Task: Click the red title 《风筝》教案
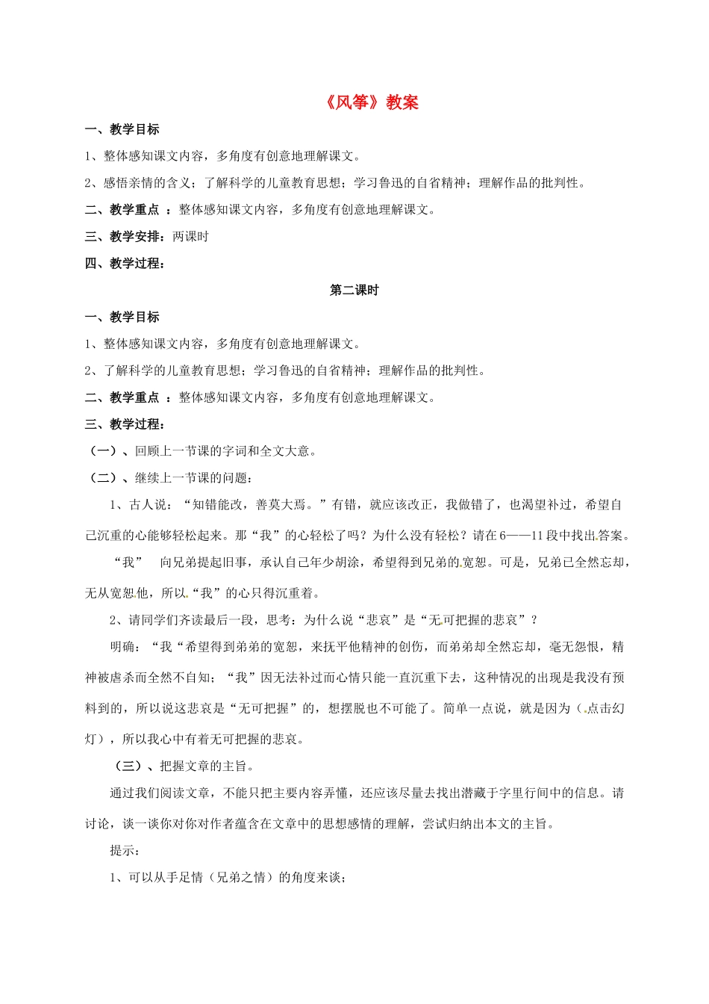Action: (x=372, y=102)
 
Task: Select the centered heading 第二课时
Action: (x=354, y=290)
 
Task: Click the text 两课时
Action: (x=191, y=237)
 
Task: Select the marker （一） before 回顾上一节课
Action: (x=103, y=451)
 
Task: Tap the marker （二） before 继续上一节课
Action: (x=103, y=478)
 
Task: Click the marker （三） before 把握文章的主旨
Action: (x=128, y=766)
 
